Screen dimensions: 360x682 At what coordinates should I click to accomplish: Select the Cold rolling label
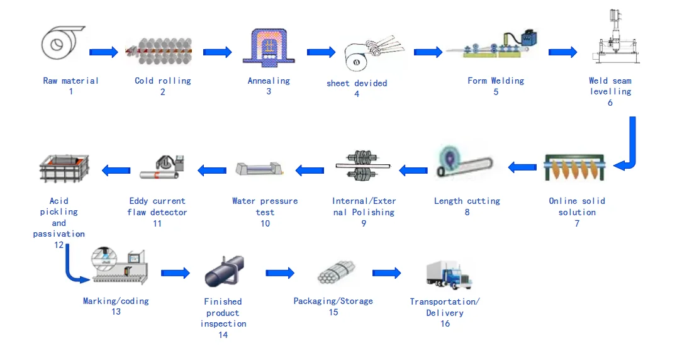click(x=162, y=81)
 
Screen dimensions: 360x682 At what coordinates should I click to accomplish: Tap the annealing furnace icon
click(x=269, y=43)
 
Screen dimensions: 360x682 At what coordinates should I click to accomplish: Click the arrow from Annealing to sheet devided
click(x=321, y=52)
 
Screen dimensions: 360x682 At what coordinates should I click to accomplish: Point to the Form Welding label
click(x=496, y=81)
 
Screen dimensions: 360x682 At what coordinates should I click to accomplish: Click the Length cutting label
click(x=467, y=201)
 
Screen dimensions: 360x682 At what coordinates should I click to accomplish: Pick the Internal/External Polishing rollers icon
click(x=363, y=167)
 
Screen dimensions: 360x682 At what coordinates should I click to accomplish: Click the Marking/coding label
click(x=116, y=301)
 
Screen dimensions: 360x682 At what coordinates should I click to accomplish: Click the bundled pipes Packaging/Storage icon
click(x=333, y=274)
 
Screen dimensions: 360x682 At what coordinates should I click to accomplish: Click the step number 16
click(x=445, y=323)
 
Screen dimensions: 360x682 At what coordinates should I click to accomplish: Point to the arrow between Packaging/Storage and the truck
click(x=386, y=273)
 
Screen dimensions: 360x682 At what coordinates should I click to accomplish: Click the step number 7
click(x=577, y=223)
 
